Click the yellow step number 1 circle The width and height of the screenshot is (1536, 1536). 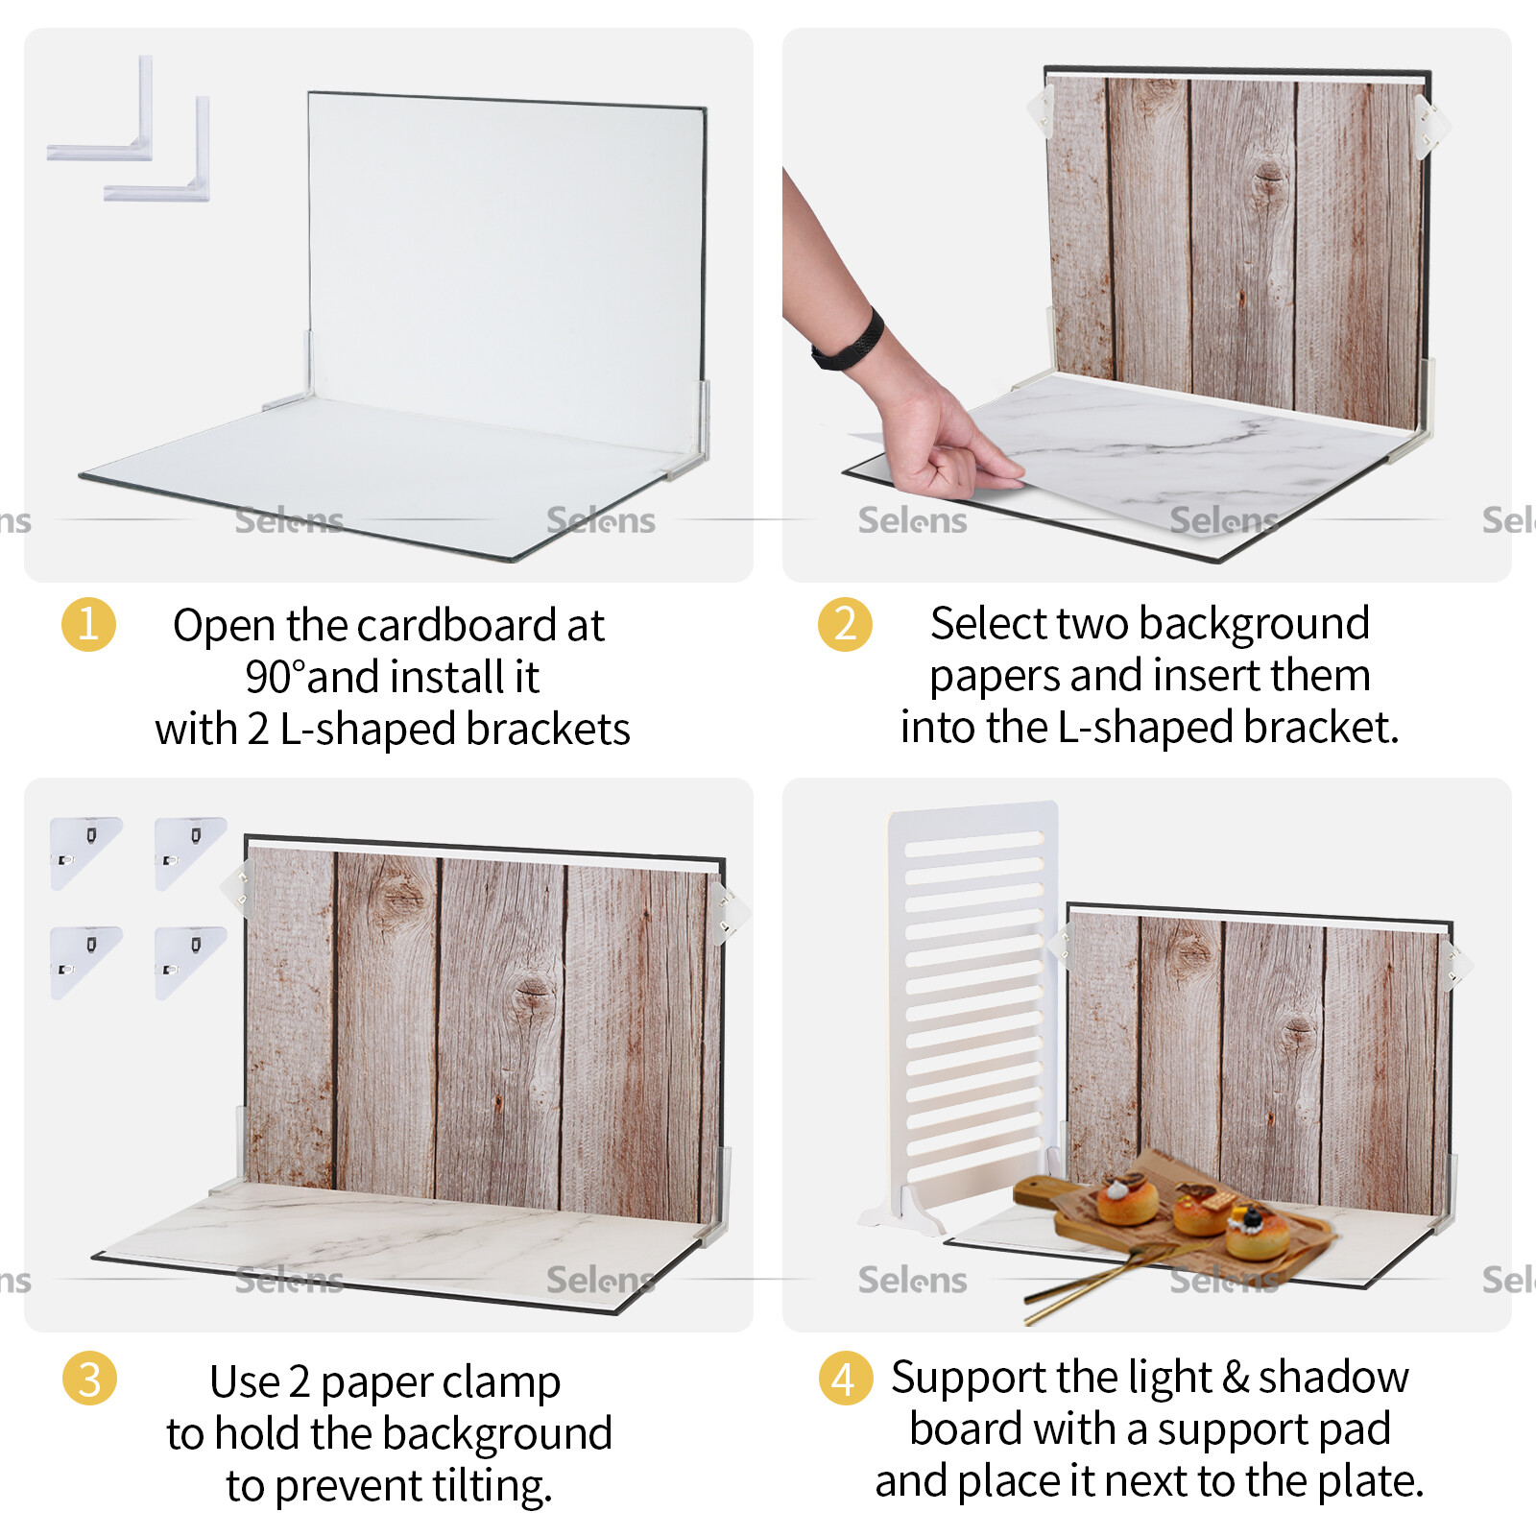(x=88, y=625)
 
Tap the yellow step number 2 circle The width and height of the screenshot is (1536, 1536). (x=845, y=625)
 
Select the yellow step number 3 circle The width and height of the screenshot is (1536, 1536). (x=88, y=1379)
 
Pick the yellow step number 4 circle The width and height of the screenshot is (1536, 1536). (x=845, y=1379)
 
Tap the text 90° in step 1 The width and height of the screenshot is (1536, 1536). (x=275, y=678)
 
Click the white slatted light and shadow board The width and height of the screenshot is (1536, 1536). (x=972, y=998)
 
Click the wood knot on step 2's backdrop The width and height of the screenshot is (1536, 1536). (x=1269, y=179)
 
